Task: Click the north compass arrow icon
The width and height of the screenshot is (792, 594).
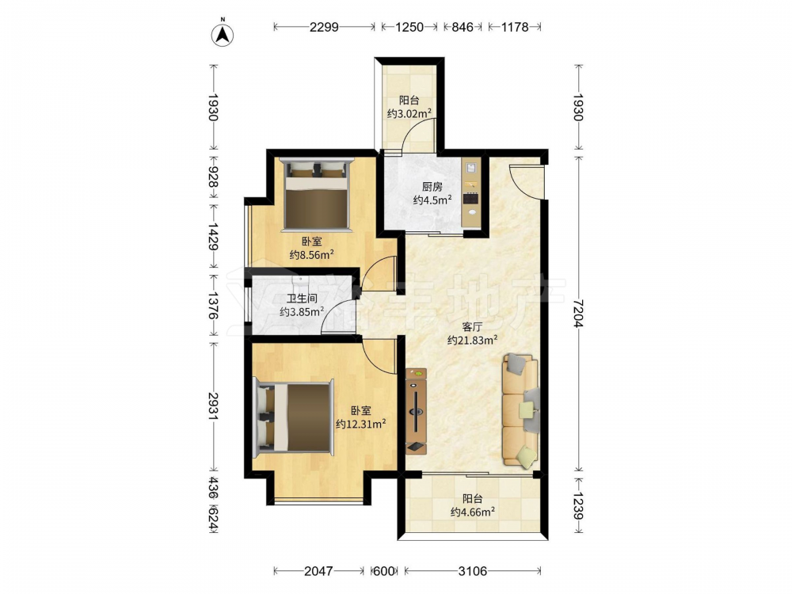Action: coord(223,34)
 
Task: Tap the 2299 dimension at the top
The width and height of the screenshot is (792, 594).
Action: coord(324,27)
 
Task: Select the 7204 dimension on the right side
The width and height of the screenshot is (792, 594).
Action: coord(578,313)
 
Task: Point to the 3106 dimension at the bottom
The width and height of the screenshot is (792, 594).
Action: coord(472,571)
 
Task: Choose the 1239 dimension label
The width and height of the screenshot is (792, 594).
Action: coord(578,505)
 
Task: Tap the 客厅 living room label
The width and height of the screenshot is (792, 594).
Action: coord(472,327)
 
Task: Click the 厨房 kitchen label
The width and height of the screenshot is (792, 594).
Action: coord(432,187)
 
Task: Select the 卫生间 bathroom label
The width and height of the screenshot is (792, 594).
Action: coord(302,299)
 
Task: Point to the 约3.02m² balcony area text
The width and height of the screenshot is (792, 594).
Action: coord(409,113)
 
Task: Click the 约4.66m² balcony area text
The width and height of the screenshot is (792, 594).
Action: coord(472,512)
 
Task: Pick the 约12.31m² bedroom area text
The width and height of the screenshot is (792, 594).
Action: coord(360,424)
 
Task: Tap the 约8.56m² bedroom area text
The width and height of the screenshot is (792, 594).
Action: coord(311,254)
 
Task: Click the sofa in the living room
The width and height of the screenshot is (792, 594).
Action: coord(520,409)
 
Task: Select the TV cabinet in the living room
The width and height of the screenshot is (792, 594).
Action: coord(417,411)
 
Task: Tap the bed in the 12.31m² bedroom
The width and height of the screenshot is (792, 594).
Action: coord(294,417)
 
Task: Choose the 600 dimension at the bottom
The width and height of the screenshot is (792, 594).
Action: coord(383,571)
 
